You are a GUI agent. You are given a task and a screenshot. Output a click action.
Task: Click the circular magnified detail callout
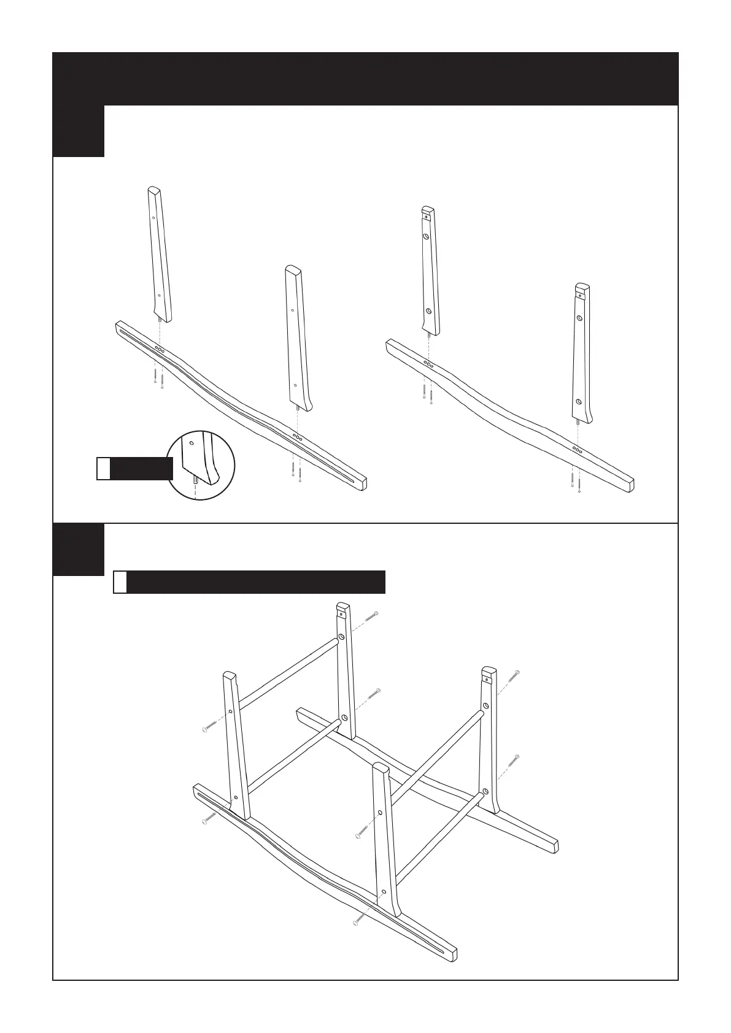pyautogui.click(x=201, y=463)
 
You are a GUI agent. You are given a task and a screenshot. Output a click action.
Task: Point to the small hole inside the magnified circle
pyautogui.click(x=191, y=441)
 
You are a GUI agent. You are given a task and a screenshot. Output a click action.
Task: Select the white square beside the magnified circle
pyautogui.click(x=104, y=468)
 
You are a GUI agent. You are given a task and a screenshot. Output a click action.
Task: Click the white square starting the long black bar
pyautogui.click(x=121, y=582)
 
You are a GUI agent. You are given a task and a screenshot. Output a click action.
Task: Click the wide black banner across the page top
pyautogui.click(x=366, y=79)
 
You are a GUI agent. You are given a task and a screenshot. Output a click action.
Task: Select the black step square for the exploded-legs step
pyautogui.click(x=78, y=131)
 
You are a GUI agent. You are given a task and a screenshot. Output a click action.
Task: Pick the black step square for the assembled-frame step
pyautogui.click(x=78, y=550)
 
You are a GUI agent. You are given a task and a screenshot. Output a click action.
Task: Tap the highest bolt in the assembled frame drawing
pyautogui.click(x=372, y=615)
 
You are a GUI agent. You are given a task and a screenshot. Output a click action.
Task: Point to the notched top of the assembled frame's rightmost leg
pyautogui.click(x=489, y=672)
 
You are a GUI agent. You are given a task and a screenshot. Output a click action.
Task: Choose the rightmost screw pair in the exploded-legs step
pyautogui.click(x=575, y=483)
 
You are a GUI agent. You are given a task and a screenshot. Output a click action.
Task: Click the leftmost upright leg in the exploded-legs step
pyautogui.click(x=160, y=255)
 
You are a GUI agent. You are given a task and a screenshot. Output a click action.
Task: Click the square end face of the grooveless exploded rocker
pyautogui.click(x=629, y=486)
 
